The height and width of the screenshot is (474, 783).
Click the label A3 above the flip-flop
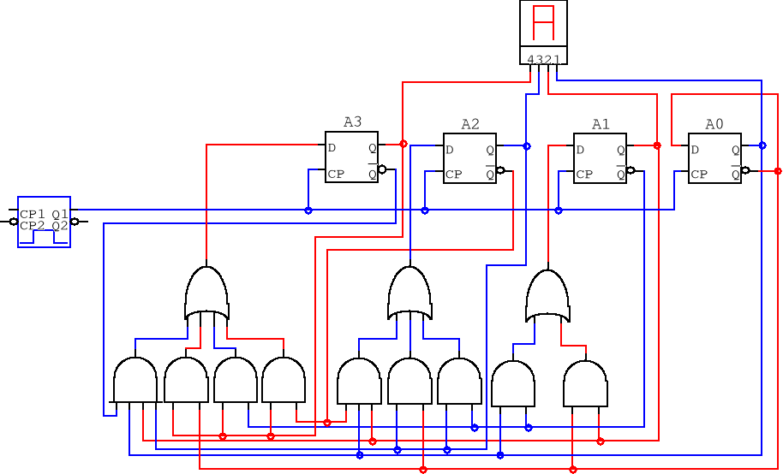[x=352, y=122]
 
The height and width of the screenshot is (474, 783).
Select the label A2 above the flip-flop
[x=470, y=125]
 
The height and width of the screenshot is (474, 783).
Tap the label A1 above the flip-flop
[x=601, y=125]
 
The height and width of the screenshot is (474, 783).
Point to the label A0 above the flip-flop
[x=714, y=125]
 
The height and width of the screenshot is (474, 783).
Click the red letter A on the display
[x=544, y=22]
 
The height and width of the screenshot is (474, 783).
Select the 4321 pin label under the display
[x=544, y=59]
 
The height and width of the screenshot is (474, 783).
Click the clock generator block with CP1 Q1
[x=44, y=221]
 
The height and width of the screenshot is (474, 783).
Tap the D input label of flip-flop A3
[x=332, y=147]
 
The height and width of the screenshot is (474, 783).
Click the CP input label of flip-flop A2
[x=453, y=175]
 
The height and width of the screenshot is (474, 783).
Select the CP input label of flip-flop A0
[x=699, y=175]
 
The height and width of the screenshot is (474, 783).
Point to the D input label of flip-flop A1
[x=580, y=150]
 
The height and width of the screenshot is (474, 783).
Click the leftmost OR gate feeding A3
[x=206, y=293]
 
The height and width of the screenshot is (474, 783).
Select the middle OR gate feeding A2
[x=409, y=293]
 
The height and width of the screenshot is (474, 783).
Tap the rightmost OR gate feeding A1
[x=547, y=297]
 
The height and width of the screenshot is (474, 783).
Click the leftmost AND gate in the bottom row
[x=135, y=380]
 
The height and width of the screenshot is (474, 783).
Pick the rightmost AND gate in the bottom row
[x=585, y=384]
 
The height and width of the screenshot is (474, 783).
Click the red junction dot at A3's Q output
[x=403, y=144]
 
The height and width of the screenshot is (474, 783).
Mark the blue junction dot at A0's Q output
[x=762, y=145]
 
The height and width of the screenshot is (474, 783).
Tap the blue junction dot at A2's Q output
[x=526, y=146]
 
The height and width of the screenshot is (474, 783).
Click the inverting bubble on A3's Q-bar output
[x=382, y=169]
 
